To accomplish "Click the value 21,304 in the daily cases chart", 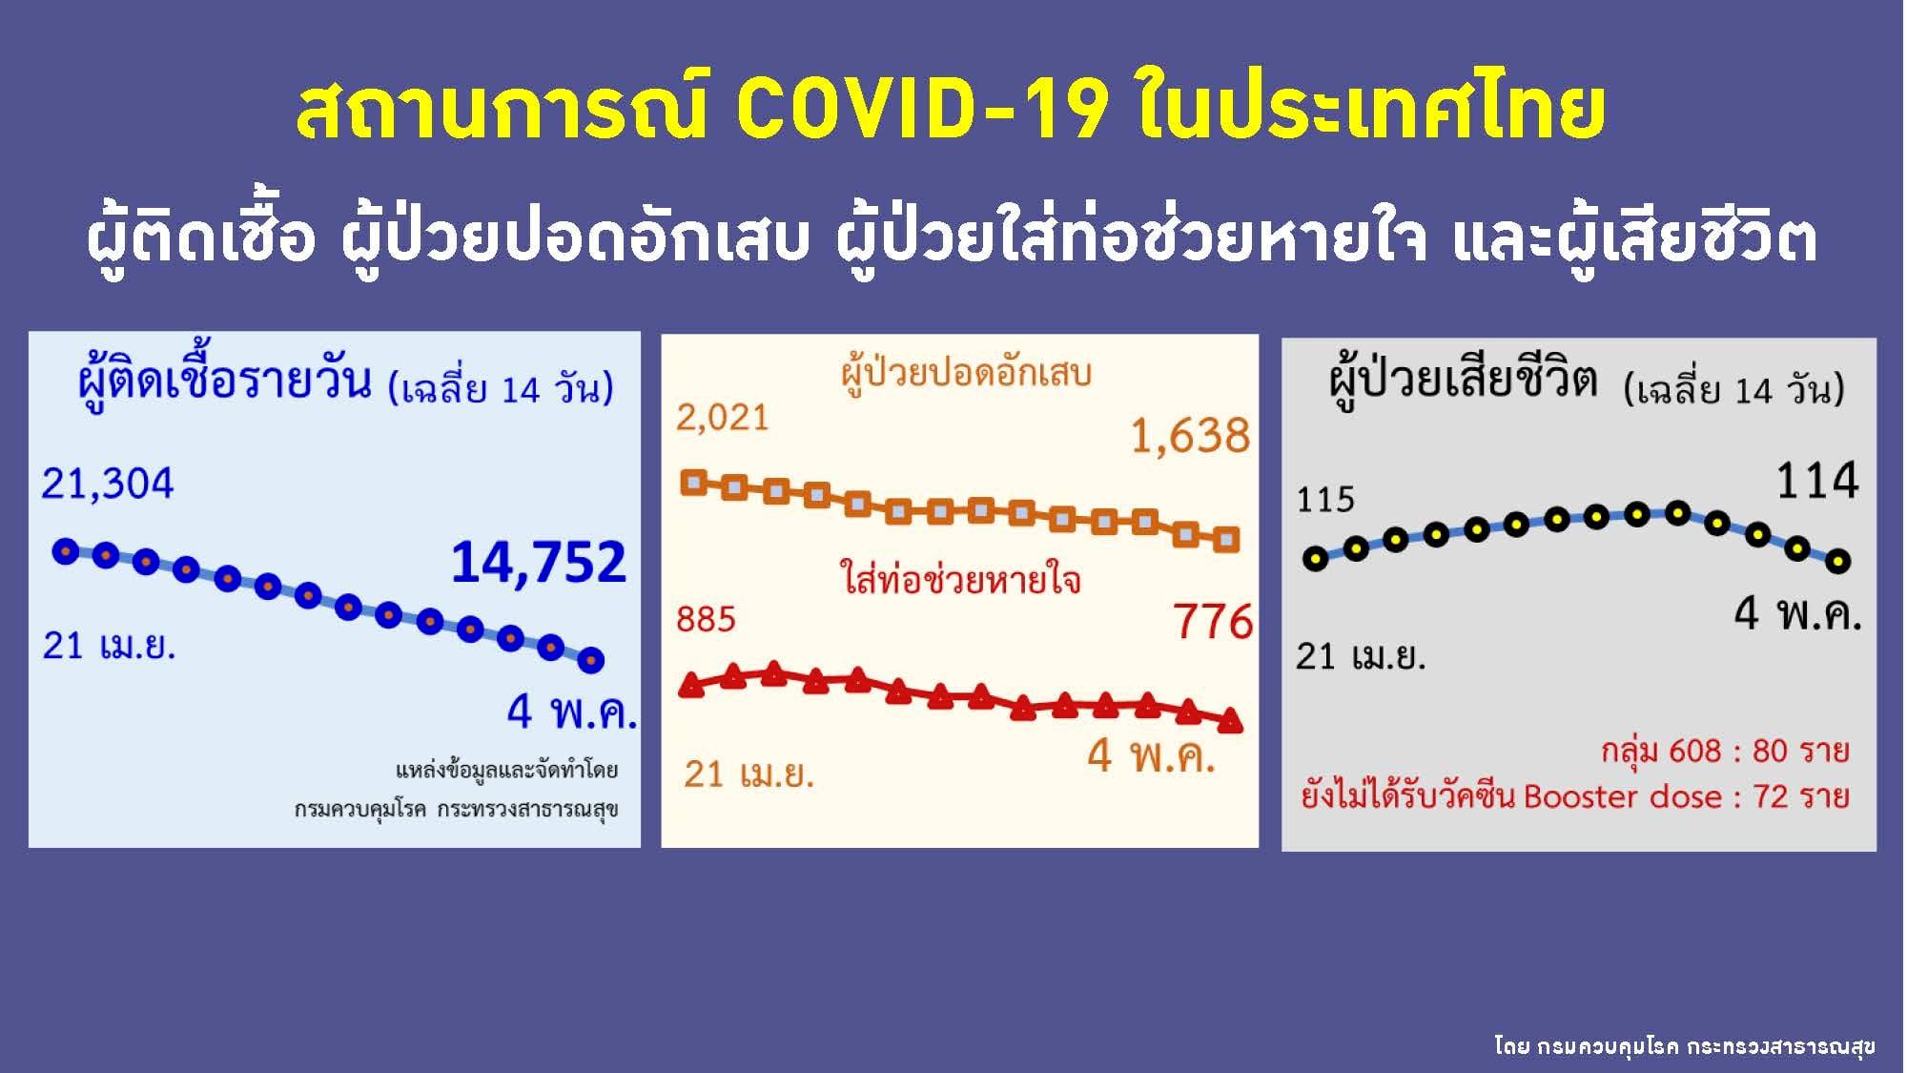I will click(x=107, y=485).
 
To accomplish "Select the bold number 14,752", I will click(x=539, y=562).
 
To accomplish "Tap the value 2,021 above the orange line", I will click(x=722, y=418).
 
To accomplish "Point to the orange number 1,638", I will click(x=1189, y=436).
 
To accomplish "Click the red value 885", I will click(x=706, y=620).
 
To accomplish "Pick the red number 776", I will click(x=1213, y=622).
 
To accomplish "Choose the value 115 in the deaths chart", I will click(x=1325, y=500).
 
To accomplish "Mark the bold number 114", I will click(x=1817, y=481).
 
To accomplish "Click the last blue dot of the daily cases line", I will click(x=591, y=659).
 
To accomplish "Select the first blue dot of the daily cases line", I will click(x=66, y=551).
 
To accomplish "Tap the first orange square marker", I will click(x=693, y=483).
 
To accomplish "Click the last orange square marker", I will click(x=1228, y=540).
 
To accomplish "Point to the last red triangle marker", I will click(x=1230, y=720).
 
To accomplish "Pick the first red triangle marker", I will click(x=692, y=684).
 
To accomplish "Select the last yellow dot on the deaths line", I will click(x=1837, y=561).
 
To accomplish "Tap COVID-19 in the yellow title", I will click(x=922, y=110).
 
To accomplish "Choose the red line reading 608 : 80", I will click(x=1725, y=752).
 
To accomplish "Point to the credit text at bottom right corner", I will click(x=1685, y=1047).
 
